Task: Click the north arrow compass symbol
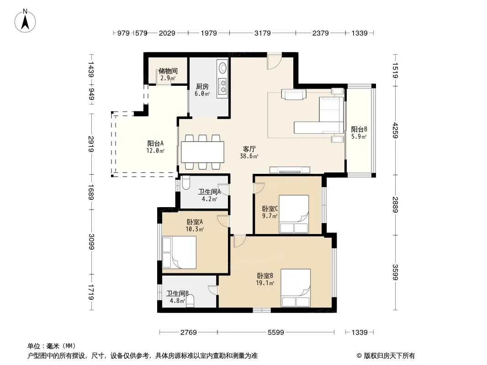pyautogui.click(x=25, y=21)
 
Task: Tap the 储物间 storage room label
pyautogui.click(x=168, y=71)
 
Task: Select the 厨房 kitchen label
pyautogui.click(x=202, y=87)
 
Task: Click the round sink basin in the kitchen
pyautogui.click(x=222, y=68)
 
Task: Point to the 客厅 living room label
pyautogui.click(x=249, y=149)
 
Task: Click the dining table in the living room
pyautogui.click(x=202, y=152)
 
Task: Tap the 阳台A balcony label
pyautogui.click(x=155, y=144)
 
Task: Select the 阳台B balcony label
pyautogui.click(x=359, y=129)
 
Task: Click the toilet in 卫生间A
pyautogui.click(x=186, y=182)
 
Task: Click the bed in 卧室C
pyautogui.click(x=293, y=214)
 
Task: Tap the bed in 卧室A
pyautogui.click(x=179, y=252)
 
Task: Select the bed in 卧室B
pyautogui.click(x=296, y=288)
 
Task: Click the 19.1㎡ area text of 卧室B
pyautogui.click(x=265, y=283)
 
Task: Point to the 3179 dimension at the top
pyautogui.click(x=262, y=33)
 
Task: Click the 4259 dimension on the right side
pyautogui.click(x=395, y=130)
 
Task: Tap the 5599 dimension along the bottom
pyautogui.click(x=276, y=333)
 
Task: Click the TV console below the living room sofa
pyautogui.click(x=290, y=170)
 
